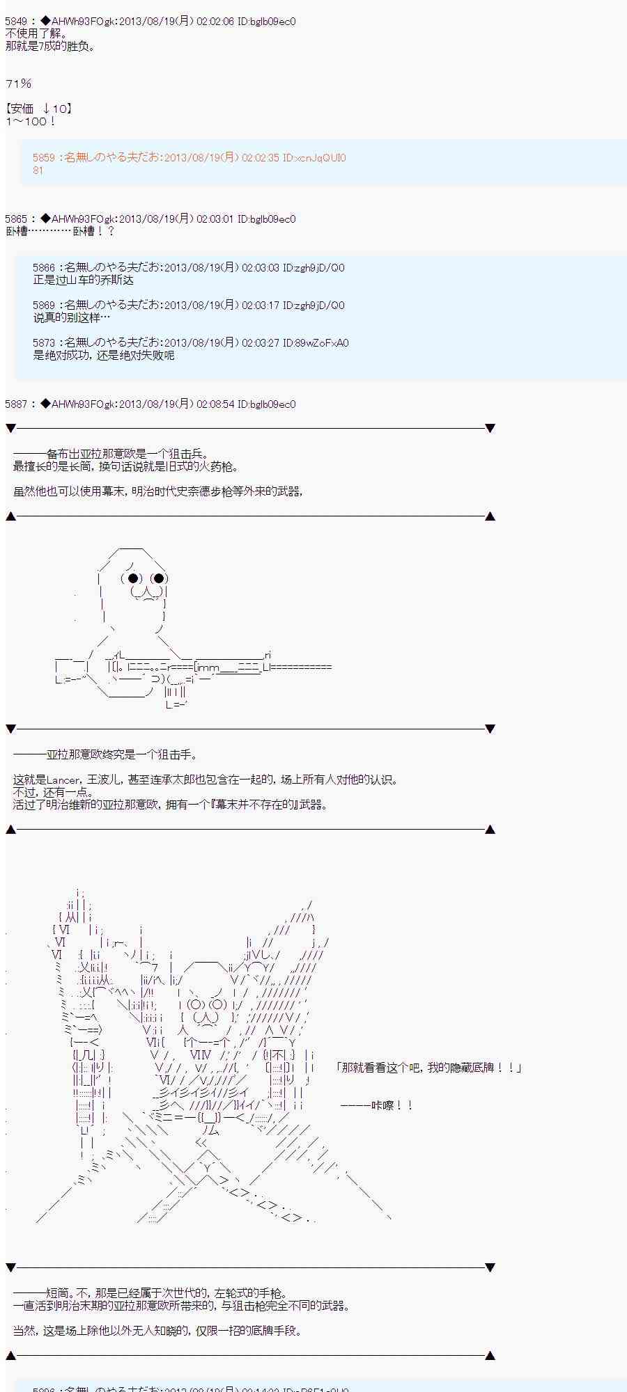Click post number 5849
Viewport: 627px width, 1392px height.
pos(15,22)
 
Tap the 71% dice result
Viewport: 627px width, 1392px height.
pos(19,84)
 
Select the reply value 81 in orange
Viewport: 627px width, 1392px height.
pos(38,171)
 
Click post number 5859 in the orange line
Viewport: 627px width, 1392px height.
pos(43,158)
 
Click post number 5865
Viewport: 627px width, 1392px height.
pos(15,219)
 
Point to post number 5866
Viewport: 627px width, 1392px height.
pos(43,268)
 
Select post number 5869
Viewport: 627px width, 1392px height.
pos(43,306)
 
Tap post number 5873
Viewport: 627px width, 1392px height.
pos(43,343)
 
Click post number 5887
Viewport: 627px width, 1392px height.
pos(15,404)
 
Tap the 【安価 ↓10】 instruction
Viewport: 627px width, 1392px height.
pos(39,109)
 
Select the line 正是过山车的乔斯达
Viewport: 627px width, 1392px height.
pos(83,280)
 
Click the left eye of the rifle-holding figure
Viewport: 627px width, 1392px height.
pos(134,578)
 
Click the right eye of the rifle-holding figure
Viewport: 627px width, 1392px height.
pos(159,578)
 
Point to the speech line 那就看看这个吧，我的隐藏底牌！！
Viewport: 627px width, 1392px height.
pos(428,1068)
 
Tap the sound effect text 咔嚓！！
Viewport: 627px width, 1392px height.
pos(393,1105)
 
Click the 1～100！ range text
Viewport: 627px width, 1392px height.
pos(31,121)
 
